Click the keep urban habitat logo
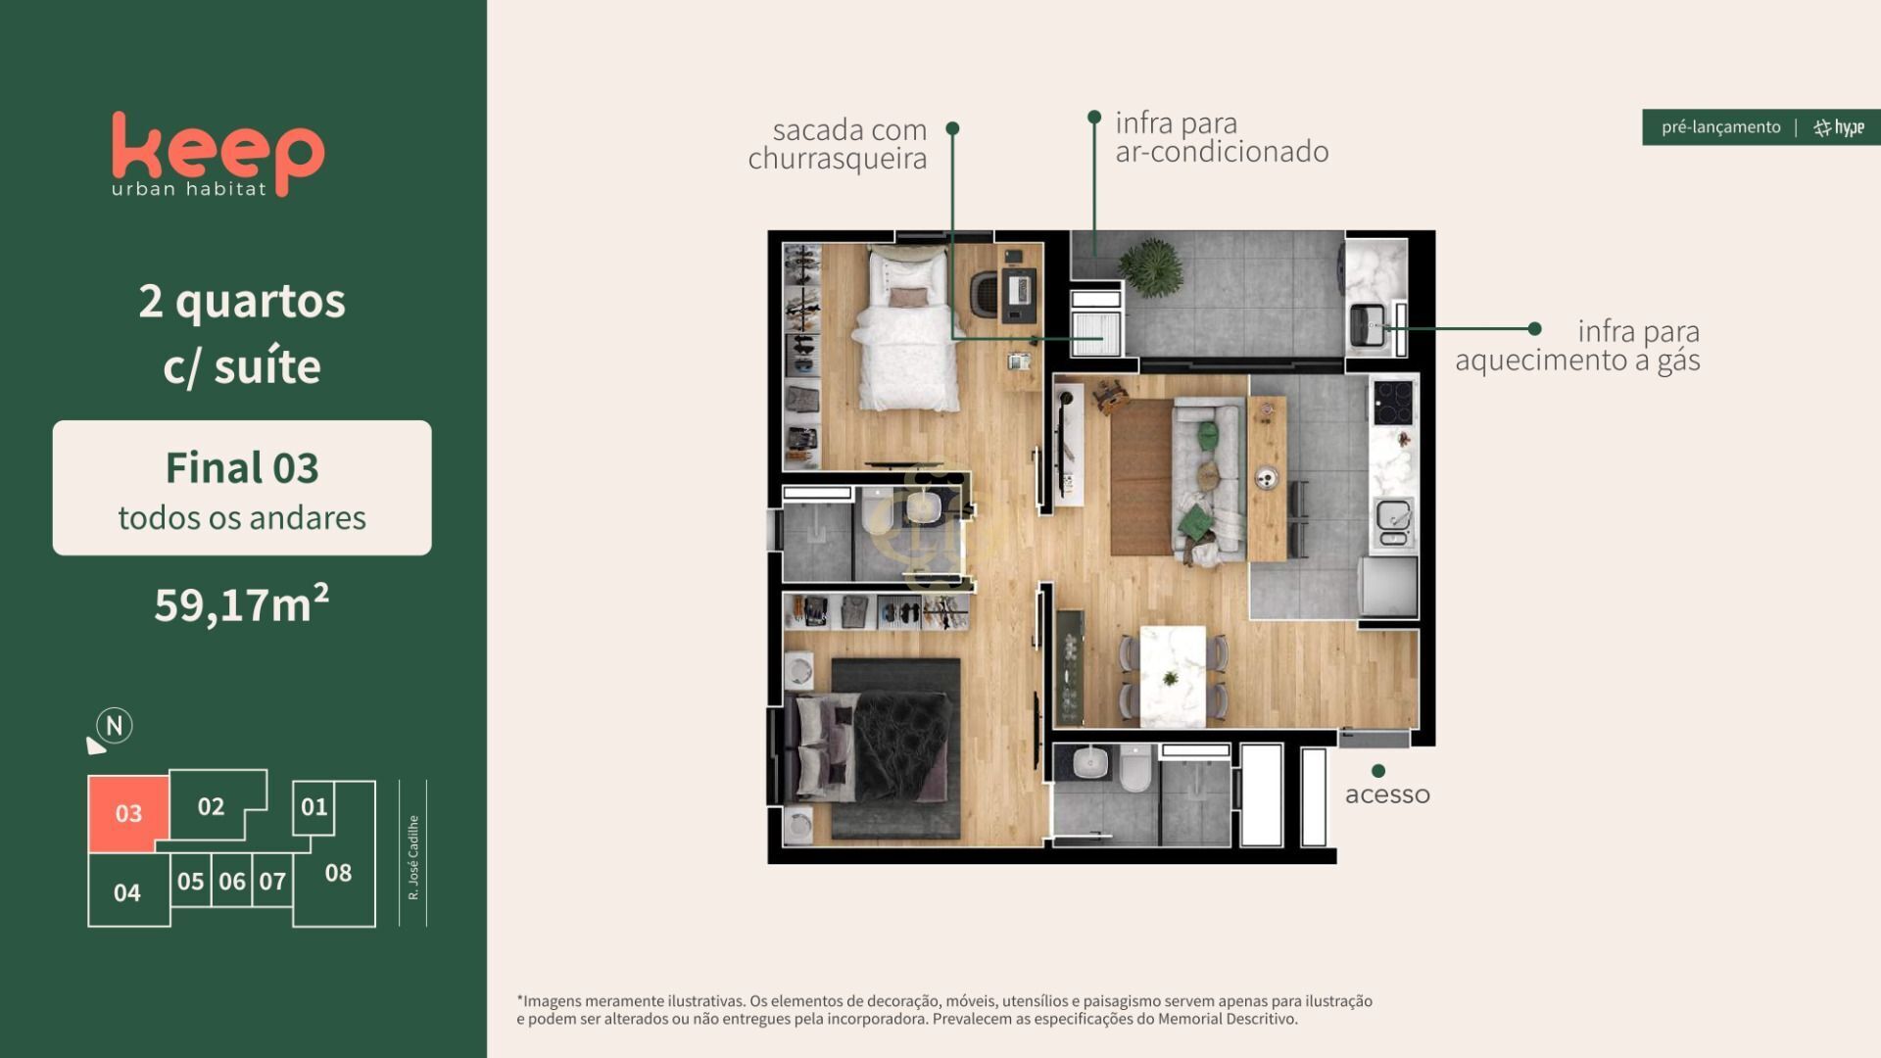tap(217, 155)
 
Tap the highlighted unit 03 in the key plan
tap(128, 813)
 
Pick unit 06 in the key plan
tap(232, 880)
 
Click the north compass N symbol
tap(115, 726)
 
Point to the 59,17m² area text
tap(242, 603)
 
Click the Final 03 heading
tap(242, 467)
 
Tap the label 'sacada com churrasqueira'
tap(838, 144)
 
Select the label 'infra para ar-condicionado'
tap(1222, 137)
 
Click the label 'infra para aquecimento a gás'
tap(1577, 346)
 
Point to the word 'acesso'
tap(1387, 794)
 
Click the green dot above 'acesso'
tap(1378, 771)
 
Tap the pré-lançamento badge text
tap(1720, 127)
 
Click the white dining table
tap(1173, 676)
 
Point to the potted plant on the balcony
tap(1149, 266)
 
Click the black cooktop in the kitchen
tap(1393, 402)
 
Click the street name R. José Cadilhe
tap(413, 857)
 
